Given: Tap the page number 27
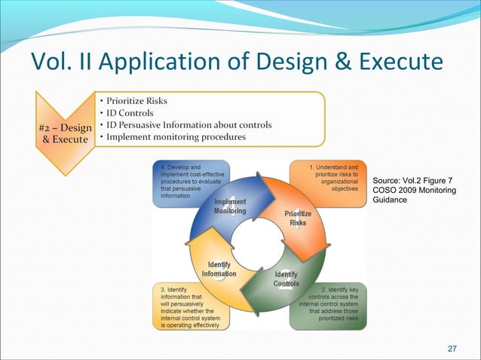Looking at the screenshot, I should [452, 348].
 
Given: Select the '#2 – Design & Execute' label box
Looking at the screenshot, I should [64, 134].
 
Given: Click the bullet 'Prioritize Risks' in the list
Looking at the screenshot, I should [137, 100].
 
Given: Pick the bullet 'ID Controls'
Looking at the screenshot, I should [129, 112].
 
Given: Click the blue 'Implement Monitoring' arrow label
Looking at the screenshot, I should [229, 207].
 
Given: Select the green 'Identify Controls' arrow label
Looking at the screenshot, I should [286, 279].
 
